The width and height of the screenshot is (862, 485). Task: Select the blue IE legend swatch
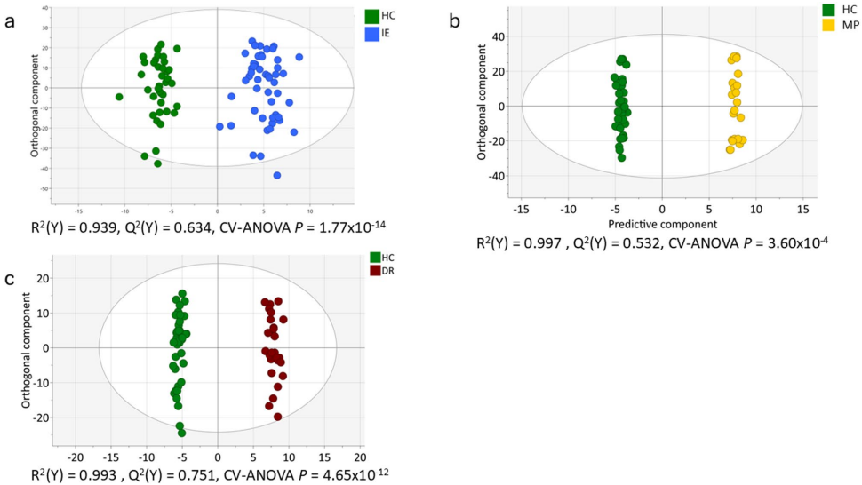(372, 33)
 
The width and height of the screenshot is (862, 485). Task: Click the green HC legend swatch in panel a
(372, 16)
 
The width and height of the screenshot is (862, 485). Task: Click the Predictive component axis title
(661, 224)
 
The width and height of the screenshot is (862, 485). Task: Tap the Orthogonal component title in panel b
(481, 105)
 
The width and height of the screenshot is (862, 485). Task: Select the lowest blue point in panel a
(277, 175)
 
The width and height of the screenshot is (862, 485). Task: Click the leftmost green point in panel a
(119, 97)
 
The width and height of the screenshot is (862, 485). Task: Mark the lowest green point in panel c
(182, 433)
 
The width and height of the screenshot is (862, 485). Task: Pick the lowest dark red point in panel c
(277, 417)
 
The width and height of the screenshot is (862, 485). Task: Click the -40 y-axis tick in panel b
(499, 176)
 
